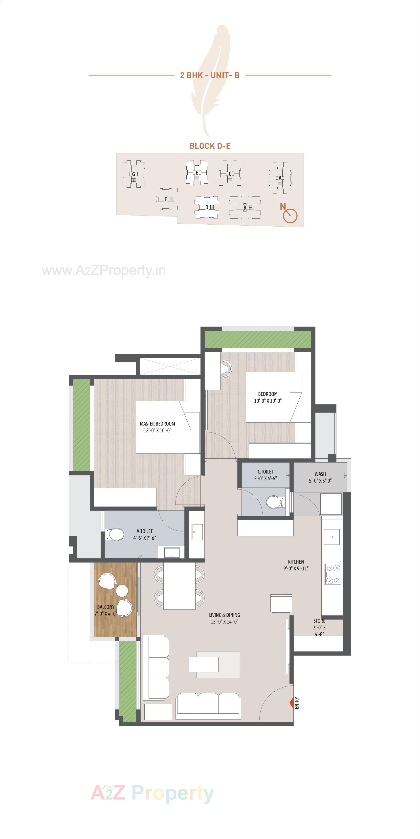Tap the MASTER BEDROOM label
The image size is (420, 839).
[x=157, y=424]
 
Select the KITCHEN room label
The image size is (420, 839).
[x=296, y=562]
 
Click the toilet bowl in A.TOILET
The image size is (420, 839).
[x=115, y=534]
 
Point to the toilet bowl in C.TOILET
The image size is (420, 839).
[x=273, y=502]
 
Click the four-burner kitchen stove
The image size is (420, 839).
[x=332, y=574]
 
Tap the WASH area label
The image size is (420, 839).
[x=320, y=474]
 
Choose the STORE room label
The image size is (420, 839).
[x=319, y=621]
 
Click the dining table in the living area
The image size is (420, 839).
[x=179, y=585]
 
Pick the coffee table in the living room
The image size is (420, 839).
[x=204, y=664]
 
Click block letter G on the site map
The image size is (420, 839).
[x=133, y=174]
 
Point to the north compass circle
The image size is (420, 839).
[x=290, y=216]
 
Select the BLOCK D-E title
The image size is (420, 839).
[x=210, y=146]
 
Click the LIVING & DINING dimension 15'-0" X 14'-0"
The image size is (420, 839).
[x=224, y=622]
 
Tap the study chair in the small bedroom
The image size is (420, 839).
[x=227, y=368]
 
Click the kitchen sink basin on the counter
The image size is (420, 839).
[x=332, y=537]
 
